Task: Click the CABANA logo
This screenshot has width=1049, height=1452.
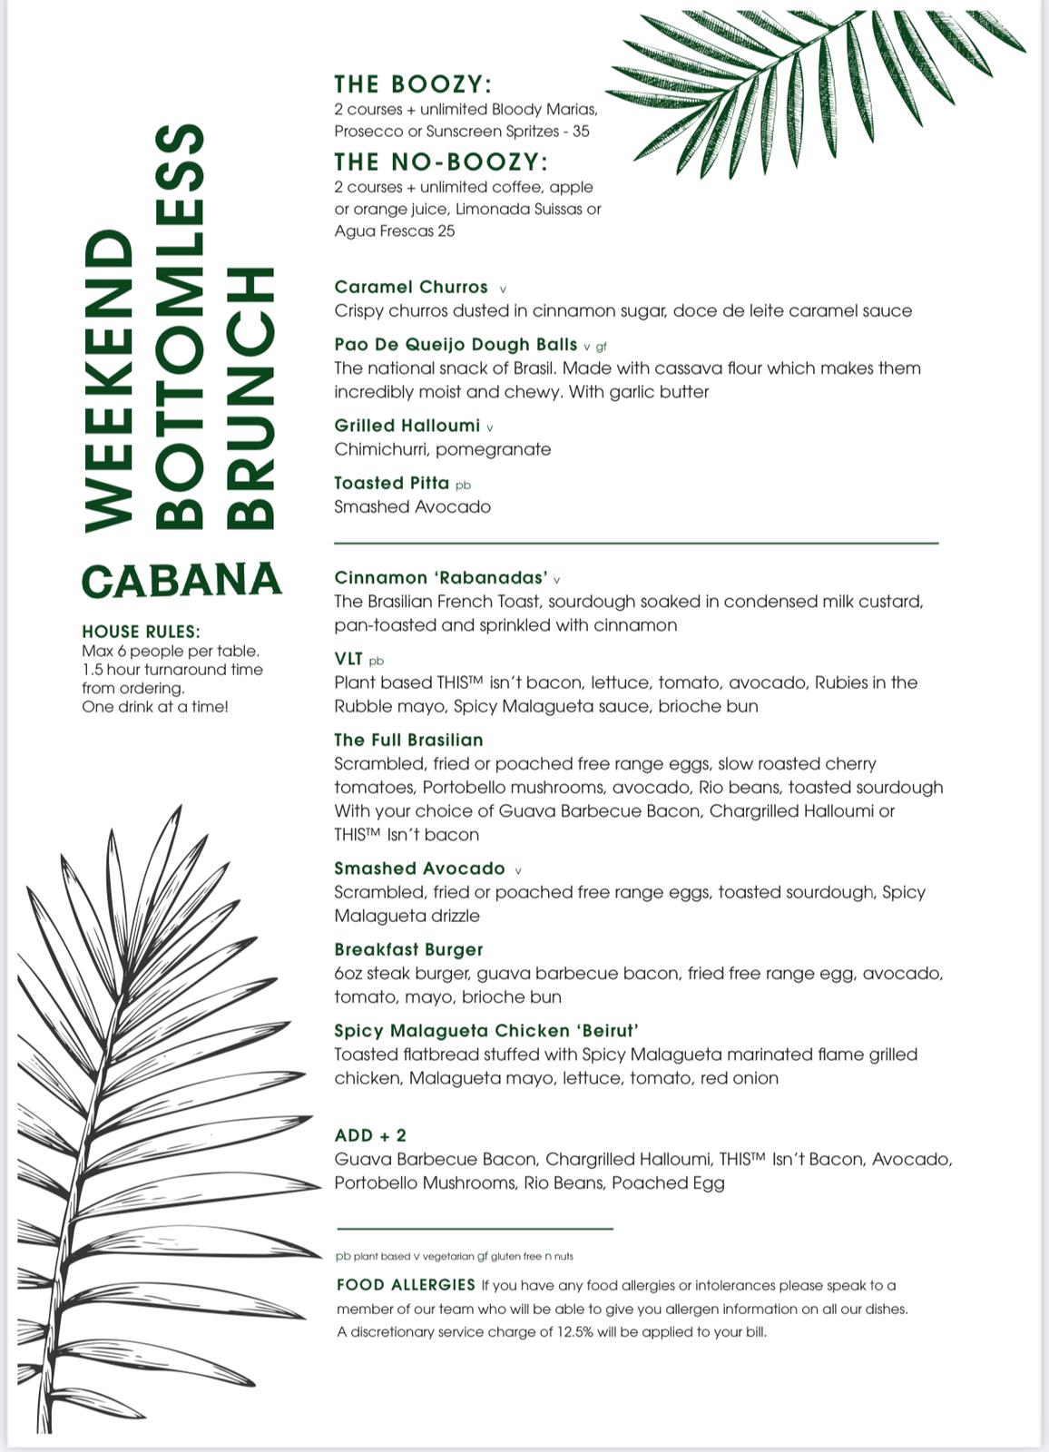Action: point(181,581)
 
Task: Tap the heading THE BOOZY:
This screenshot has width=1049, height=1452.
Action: point(413,84)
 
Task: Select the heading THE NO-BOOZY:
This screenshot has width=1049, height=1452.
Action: point(441,162)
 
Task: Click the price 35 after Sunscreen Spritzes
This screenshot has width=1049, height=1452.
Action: point(581,132)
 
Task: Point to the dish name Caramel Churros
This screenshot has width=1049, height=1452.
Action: point(411,287)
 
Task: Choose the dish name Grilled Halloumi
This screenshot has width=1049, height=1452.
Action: point(407,426)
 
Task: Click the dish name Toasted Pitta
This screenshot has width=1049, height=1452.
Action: point(391,483)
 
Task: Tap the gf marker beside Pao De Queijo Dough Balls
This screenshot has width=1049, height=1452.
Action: point(601,347)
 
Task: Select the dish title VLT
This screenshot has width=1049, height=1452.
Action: point(348,659)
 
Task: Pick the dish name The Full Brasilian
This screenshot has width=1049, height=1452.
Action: point(408,740)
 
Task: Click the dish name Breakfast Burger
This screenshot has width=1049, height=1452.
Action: point(408,949)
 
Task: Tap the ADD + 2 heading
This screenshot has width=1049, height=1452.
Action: point(370,1135)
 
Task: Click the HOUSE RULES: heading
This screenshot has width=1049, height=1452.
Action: point(141,632)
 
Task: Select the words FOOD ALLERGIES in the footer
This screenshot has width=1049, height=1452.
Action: point(406,1285)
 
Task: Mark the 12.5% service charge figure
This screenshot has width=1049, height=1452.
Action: point(575,1332)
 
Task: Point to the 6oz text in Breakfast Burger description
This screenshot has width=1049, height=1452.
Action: point(348,974)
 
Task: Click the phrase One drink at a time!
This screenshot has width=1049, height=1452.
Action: point(155,707)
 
